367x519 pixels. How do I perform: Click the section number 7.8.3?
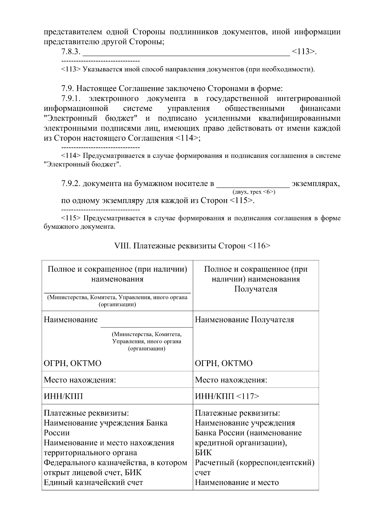coord(71,52)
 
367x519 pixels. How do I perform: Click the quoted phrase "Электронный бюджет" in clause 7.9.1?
coord(92,119)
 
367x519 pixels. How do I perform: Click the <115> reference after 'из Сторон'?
coord(241,201)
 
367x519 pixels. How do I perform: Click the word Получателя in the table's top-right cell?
coord(256,289)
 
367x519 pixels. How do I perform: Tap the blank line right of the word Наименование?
coord(146,326)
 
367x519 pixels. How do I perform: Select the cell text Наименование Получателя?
coord(244,320)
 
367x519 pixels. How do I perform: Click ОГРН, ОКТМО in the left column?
coord(72,363)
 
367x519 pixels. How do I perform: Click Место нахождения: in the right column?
coord(231,380)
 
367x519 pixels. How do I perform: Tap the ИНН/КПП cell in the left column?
coord(63,397)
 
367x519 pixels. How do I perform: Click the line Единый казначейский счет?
coord(93,483)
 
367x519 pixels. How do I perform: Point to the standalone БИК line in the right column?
coord(203,453)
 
